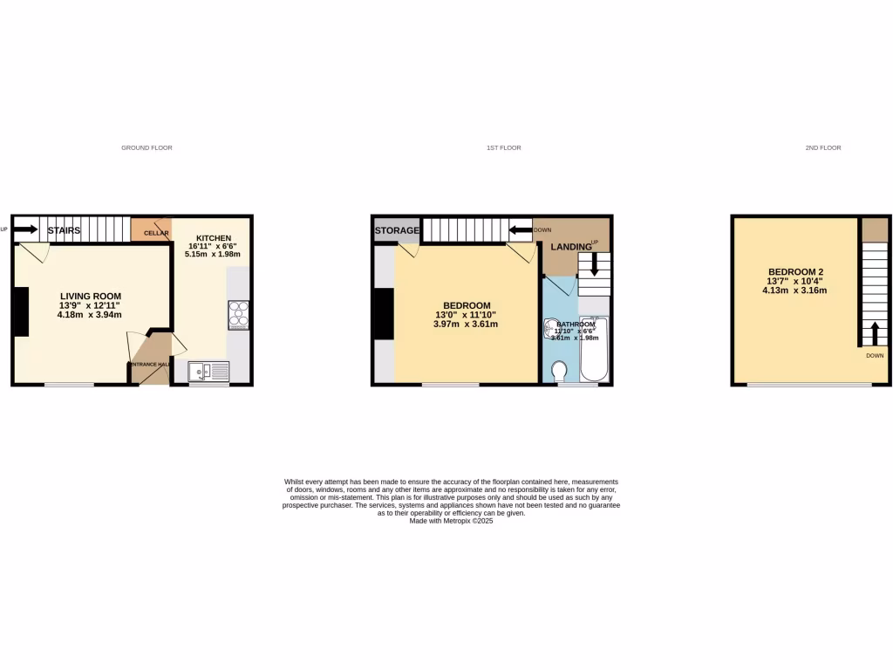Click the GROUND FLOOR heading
147,148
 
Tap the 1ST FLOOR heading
503,148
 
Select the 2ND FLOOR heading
822,148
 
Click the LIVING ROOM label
91,297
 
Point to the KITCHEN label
214,238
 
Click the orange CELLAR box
151,229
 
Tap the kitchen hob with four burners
238,314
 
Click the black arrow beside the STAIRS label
25,230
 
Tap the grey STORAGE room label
397,230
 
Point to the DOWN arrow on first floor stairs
521,230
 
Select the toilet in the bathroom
558,372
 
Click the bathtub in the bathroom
594,349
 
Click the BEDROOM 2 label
795,272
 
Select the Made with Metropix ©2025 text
451,521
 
